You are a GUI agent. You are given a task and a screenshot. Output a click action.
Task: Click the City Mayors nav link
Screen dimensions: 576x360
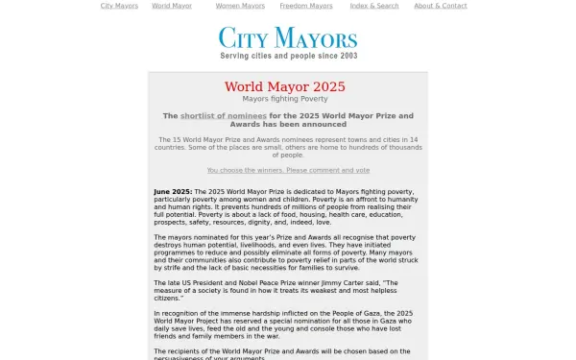(119, 6)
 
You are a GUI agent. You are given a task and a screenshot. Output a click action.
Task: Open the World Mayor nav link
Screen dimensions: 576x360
(172, 6)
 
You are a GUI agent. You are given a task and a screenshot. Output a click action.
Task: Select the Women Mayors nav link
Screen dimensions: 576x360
(240, 6)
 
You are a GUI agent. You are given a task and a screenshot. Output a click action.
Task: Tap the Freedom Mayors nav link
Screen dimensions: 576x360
(306, 6)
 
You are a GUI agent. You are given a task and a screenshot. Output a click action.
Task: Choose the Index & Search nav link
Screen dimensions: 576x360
(374, 6)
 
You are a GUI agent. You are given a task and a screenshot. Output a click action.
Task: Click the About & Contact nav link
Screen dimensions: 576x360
(441, 6)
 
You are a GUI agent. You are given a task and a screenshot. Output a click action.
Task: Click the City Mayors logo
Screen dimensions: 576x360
(288, 37)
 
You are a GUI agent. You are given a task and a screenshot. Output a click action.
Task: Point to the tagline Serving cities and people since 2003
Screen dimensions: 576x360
(288, 57)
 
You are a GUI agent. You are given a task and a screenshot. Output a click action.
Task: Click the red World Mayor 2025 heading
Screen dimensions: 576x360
(285, 86)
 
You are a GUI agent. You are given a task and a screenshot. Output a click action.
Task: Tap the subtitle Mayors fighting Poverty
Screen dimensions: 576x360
(285, 99)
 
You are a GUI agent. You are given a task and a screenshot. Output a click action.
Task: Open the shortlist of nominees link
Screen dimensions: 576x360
(224, 116)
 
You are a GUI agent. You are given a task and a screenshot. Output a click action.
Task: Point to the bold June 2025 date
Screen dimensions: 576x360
(173, 192)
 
